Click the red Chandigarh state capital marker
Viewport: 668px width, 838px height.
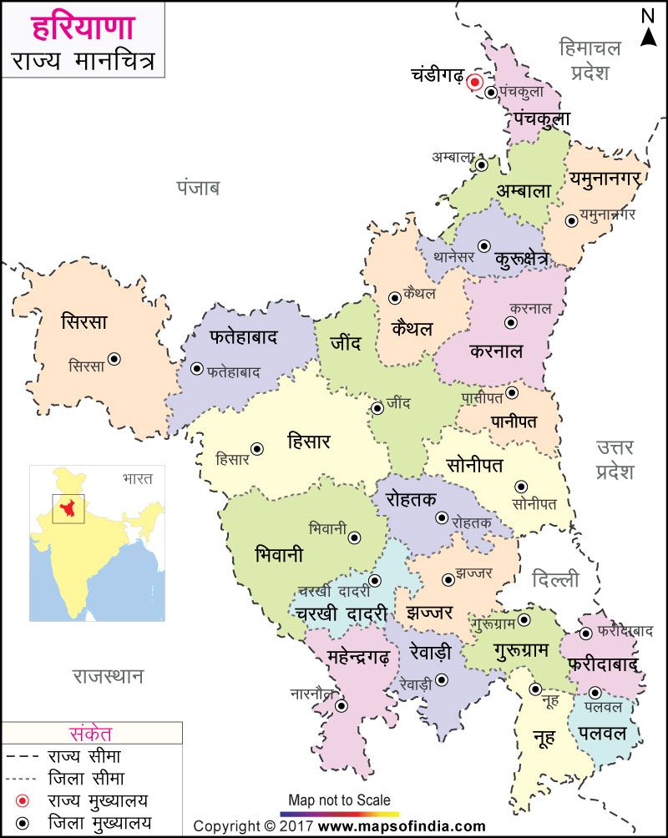(474, 82)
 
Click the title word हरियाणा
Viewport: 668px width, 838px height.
(83, 27)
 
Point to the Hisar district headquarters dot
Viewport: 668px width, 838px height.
(258, 449)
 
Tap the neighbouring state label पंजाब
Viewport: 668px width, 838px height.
(197, 187)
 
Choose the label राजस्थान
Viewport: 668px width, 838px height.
(108, 675)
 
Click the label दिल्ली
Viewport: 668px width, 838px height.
(555, 578)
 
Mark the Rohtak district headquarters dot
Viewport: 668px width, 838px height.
(442, 517)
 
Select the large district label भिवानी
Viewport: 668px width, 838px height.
(279, 555)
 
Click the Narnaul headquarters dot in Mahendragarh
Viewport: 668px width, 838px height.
(341, 706)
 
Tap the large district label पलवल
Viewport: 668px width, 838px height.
(601, 734)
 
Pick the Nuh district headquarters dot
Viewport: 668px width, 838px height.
(535, 689)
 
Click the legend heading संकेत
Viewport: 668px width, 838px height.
(92, 734)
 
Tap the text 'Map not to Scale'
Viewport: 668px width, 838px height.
(339, 800)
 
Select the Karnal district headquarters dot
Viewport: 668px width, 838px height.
(511, 322)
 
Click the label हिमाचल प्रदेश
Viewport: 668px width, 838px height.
(590, 59)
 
